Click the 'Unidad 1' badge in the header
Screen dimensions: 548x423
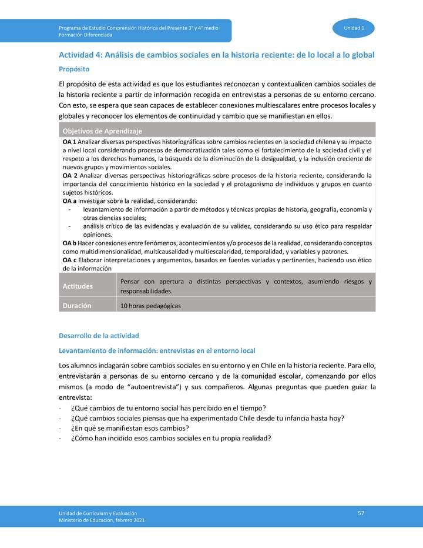coord(354,28)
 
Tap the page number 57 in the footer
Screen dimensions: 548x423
coord(361,514)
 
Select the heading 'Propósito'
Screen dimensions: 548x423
coord(74,69)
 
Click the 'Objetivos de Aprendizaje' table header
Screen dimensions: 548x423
coord(102,131)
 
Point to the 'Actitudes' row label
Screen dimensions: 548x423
coord(78,286)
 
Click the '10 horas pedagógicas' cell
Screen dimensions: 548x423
coord(150,306)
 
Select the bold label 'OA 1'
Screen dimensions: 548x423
coord(69,142)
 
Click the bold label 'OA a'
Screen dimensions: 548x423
coord(69,201)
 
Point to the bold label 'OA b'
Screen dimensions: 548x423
coord(69,243)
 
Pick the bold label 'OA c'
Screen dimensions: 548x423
coord(69,259)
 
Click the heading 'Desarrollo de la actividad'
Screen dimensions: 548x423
coord(99,336)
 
